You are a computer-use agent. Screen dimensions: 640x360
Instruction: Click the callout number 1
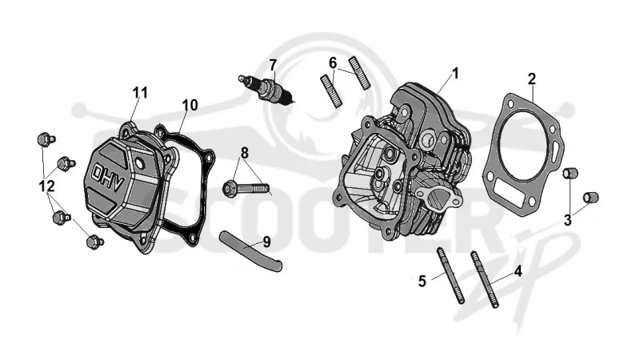click(x=455, y=74)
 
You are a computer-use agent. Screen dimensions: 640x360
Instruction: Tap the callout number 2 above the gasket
click(x=531, y=78)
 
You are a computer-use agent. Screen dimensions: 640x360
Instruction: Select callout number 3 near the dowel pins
click(x=568, y=221)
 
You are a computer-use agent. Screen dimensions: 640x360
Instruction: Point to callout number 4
click(x=518, y=271)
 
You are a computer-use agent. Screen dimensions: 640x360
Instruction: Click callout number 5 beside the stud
click(x=422, y=282)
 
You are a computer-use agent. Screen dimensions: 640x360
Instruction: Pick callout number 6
click(x=333, y=63)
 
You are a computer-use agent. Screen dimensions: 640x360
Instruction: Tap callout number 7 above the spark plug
click(x=273, y=65)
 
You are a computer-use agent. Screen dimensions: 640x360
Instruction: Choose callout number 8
click(x=244, y=153)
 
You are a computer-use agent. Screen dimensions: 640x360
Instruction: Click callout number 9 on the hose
click(x=266, y=242)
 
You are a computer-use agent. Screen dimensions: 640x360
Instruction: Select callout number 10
click(x=190, y=105)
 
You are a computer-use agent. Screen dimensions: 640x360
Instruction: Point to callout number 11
click(x=140, y=93)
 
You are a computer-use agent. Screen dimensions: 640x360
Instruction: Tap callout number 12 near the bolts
click(x=46, y=186)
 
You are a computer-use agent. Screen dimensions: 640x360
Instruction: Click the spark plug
click(x=266, y=90)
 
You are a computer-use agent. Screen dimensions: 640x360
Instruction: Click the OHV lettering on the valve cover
click(x=107, y=178)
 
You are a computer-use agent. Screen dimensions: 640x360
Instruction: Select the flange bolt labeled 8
click(x=246, y=189)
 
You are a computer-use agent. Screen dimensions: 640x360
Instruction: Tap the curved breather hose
click(x=250, y=250)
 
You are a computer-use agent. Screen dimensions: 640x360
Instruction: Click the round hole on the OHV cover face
click(x=139, y=164)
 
